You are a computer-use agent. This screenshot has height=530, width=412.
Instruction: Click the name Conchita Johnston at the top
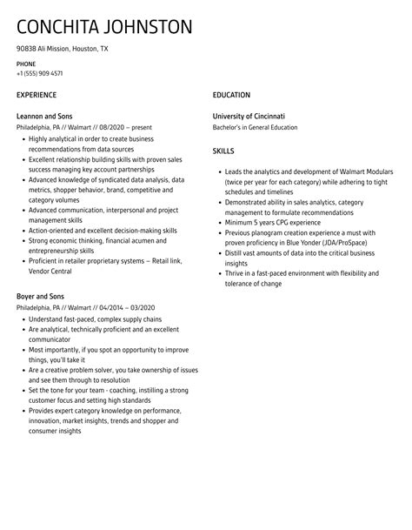pyautogui.click(x=104, y=28)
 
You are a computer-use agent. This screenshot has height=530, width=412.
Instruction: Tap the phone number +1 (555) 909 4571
pyautogui.click(x=39, y=74)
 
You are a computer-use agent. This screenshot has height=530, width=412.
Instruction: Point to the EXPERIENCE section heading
pyautogui.click(x=37, y=94)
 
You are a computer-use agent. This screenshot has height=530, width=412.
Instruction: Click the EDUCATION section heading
pyautogui.click(x=231, y=94)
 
